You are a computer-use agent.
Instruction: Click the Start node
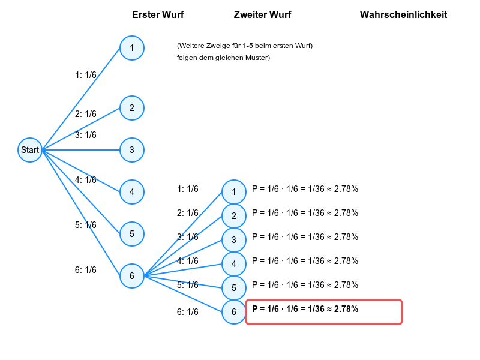(30, 150)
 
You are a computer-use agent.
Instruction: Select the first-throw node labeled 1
(132, 48)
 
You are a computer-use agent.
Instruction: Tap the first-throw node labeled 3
(132, 150)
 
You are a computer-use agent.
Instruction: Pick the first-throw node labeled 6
(132, 276)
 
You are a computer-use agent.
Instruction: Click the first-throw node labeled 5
(132, 234)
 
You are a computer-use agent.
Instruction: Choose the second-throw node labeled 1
(234, 192)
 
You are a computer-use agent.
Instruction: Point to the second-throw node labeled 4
(234, 264)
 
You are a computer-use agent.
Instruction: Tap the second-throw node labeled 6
(234, 312)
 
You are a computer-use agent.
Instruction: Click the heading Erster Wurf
(158, 14)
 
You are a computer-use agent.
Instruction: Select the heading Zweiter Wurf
(262, 14)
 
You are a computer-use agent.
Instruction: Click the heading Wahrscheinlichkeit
(403, 14)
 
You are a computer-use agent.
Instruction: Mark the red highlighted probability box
(324, 312)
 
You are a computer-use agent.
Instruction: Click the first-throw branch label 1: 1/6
(86, 75)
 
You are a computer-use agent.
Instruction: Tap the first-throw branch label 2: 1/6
(86, 114)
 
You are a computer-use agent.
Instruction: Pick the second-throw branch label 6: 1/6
(188, 312)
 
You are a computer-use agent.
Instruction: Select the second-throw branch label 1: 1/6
(188, 189)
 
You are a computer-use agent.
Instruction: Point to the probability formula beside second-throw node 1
(305, 189)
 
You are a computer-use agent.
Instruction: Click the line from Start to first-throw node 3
(81, 150)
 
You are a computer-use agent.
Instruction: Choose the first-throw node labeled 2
(132, 108)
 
